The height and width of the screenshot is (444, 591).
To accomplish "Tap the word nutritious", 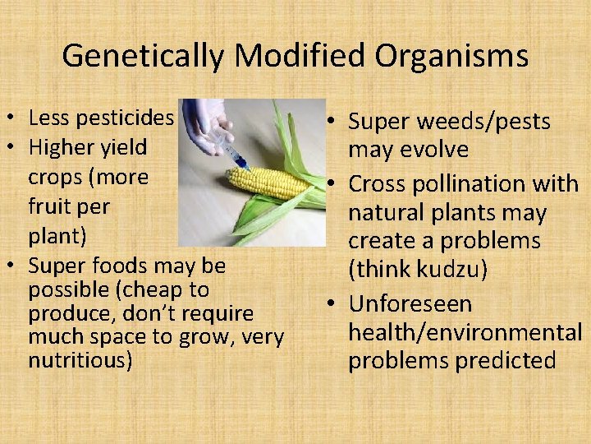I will tap(80, 360).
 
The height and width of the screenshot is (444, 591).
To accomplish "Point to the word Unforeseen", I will tap(410, 303).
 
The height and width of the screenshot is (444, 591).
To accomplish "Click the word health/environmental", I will tap(465, 332).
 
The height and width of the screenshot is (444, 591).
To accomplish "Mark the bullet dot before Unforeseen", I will tap(336, 304).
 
